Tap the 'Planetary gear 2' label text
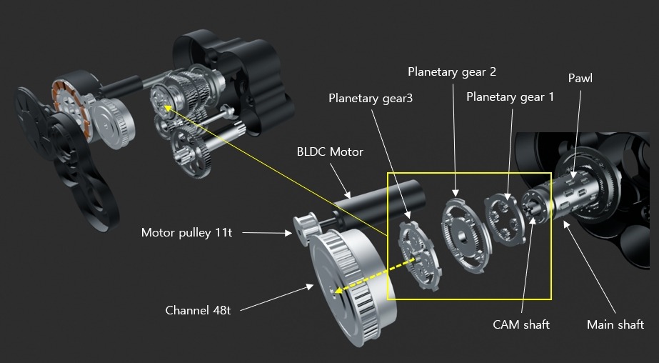pos(452,71)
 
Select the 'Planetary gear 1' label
pos(510,97)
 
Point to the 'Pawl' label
pos(580,78)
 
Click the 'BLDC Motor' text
pos(330,151)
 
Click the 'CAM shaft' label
pos(521,325)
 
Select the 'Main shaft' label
pos(615,325)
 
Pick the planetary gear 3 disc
pos(420,254)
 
